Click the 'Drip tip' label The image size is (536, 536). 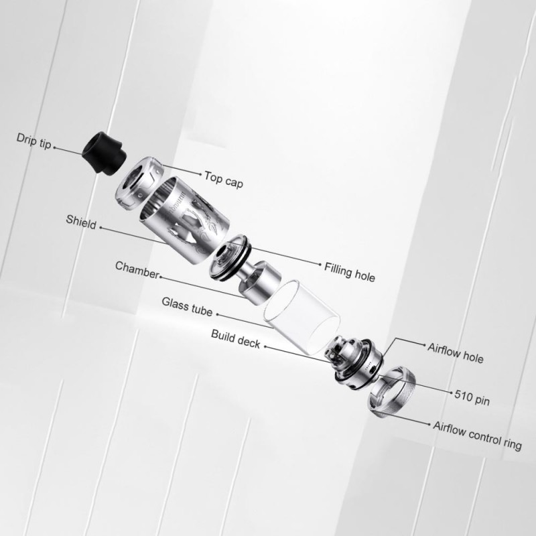pyautogui.click(x=34, y=141)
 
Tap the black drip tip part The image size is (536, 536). pyautogui.click(x=105, y=152)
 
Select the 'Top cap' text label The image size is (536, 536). pyautogui.click(x=224, y=180)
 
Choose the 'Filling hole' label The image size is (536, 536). pyautogui.click(x=349, y=272)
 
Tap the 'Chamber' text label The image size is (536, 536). pyautogui.click(x=137, y=270)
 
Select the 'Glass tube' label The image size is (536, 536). pyautogui.click(x=187, y=306)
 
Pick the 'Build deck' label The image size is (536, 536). pyautogui.click(x=236, y=339)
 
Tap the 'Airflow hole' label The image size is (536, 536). pyautogui.click(x=456, y=353)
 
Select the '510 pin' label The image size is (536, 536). pyautogui.click(x=472, y=397)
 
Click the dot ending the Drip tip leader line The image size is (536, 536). pyautogui.click(x=54, y=148)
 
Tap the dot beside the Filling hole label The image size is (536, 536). pyautogui.click(x=320, y=264)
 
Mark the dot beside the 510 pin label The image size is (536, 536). pyautogui.click(x=451, y=393)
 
